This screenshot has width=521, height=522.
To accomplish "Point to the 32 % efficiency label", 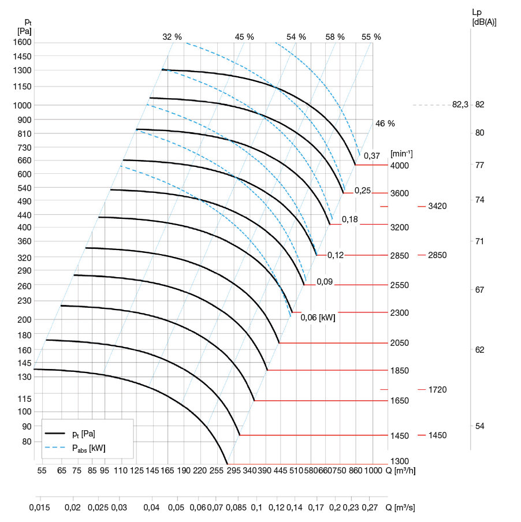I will point(172,36).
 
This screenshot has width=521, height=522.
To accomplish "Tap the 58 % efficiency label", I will point(335,36).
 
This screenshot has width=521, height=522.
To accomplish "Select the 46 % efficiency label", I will point(385,124).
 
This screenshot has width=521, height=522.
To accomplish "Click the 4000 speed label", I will point(400,166).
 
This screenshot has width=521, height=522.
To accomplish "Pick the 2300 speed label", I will point(400,313).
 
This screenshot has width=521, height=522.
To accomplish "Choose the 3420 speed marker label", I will point(438,206).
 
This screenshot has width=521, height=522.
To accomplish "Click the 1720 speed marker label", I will point(438,390).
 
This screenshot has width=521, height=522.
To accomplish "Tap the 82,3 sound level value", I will point(460,105).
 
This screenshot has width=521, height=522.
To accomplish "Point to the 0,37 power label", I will point(371,155).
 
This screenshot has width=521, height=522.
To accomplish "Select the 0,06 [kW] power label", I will point(318,317).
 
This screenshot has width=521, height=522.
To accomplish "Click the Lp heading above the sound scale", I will point(477,11).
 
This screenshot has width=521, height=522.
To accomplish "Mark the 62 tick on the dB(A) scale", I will point(479,349).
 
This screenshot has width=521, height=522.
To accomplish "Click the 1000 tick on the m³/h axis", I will point(374,471).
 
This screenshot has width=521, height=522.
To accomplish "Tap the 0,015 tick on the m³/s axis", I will point(40,508).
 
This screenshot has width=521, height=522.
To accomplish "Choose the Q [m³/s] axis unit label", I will point(400,508).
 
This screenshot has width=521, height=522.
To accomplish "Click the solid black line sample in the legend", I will point(55,433).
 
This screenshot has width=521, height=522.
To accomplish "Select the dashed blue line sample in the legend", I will point(55,447).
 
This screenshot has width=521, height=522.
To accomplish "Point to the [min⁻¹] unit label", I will point(401,154).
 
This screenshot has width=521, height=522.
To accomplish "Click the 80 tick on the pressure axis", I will point(27,442).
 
